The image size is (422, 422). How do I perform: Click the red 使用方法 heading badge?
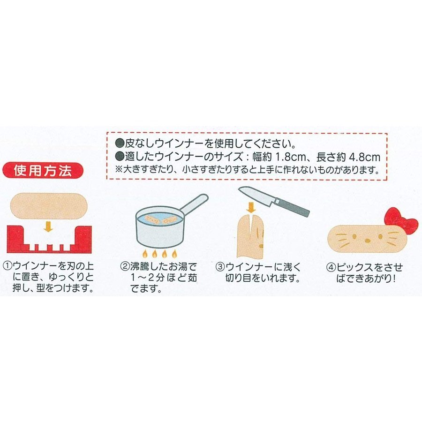click(45, 171)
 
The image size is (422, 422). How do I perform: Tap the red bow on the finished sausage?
click(401, 221)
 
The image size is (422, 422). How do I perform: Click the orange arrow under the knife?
click(252, 208)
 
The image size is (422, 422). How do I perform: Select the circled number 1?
click(7, 265)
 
